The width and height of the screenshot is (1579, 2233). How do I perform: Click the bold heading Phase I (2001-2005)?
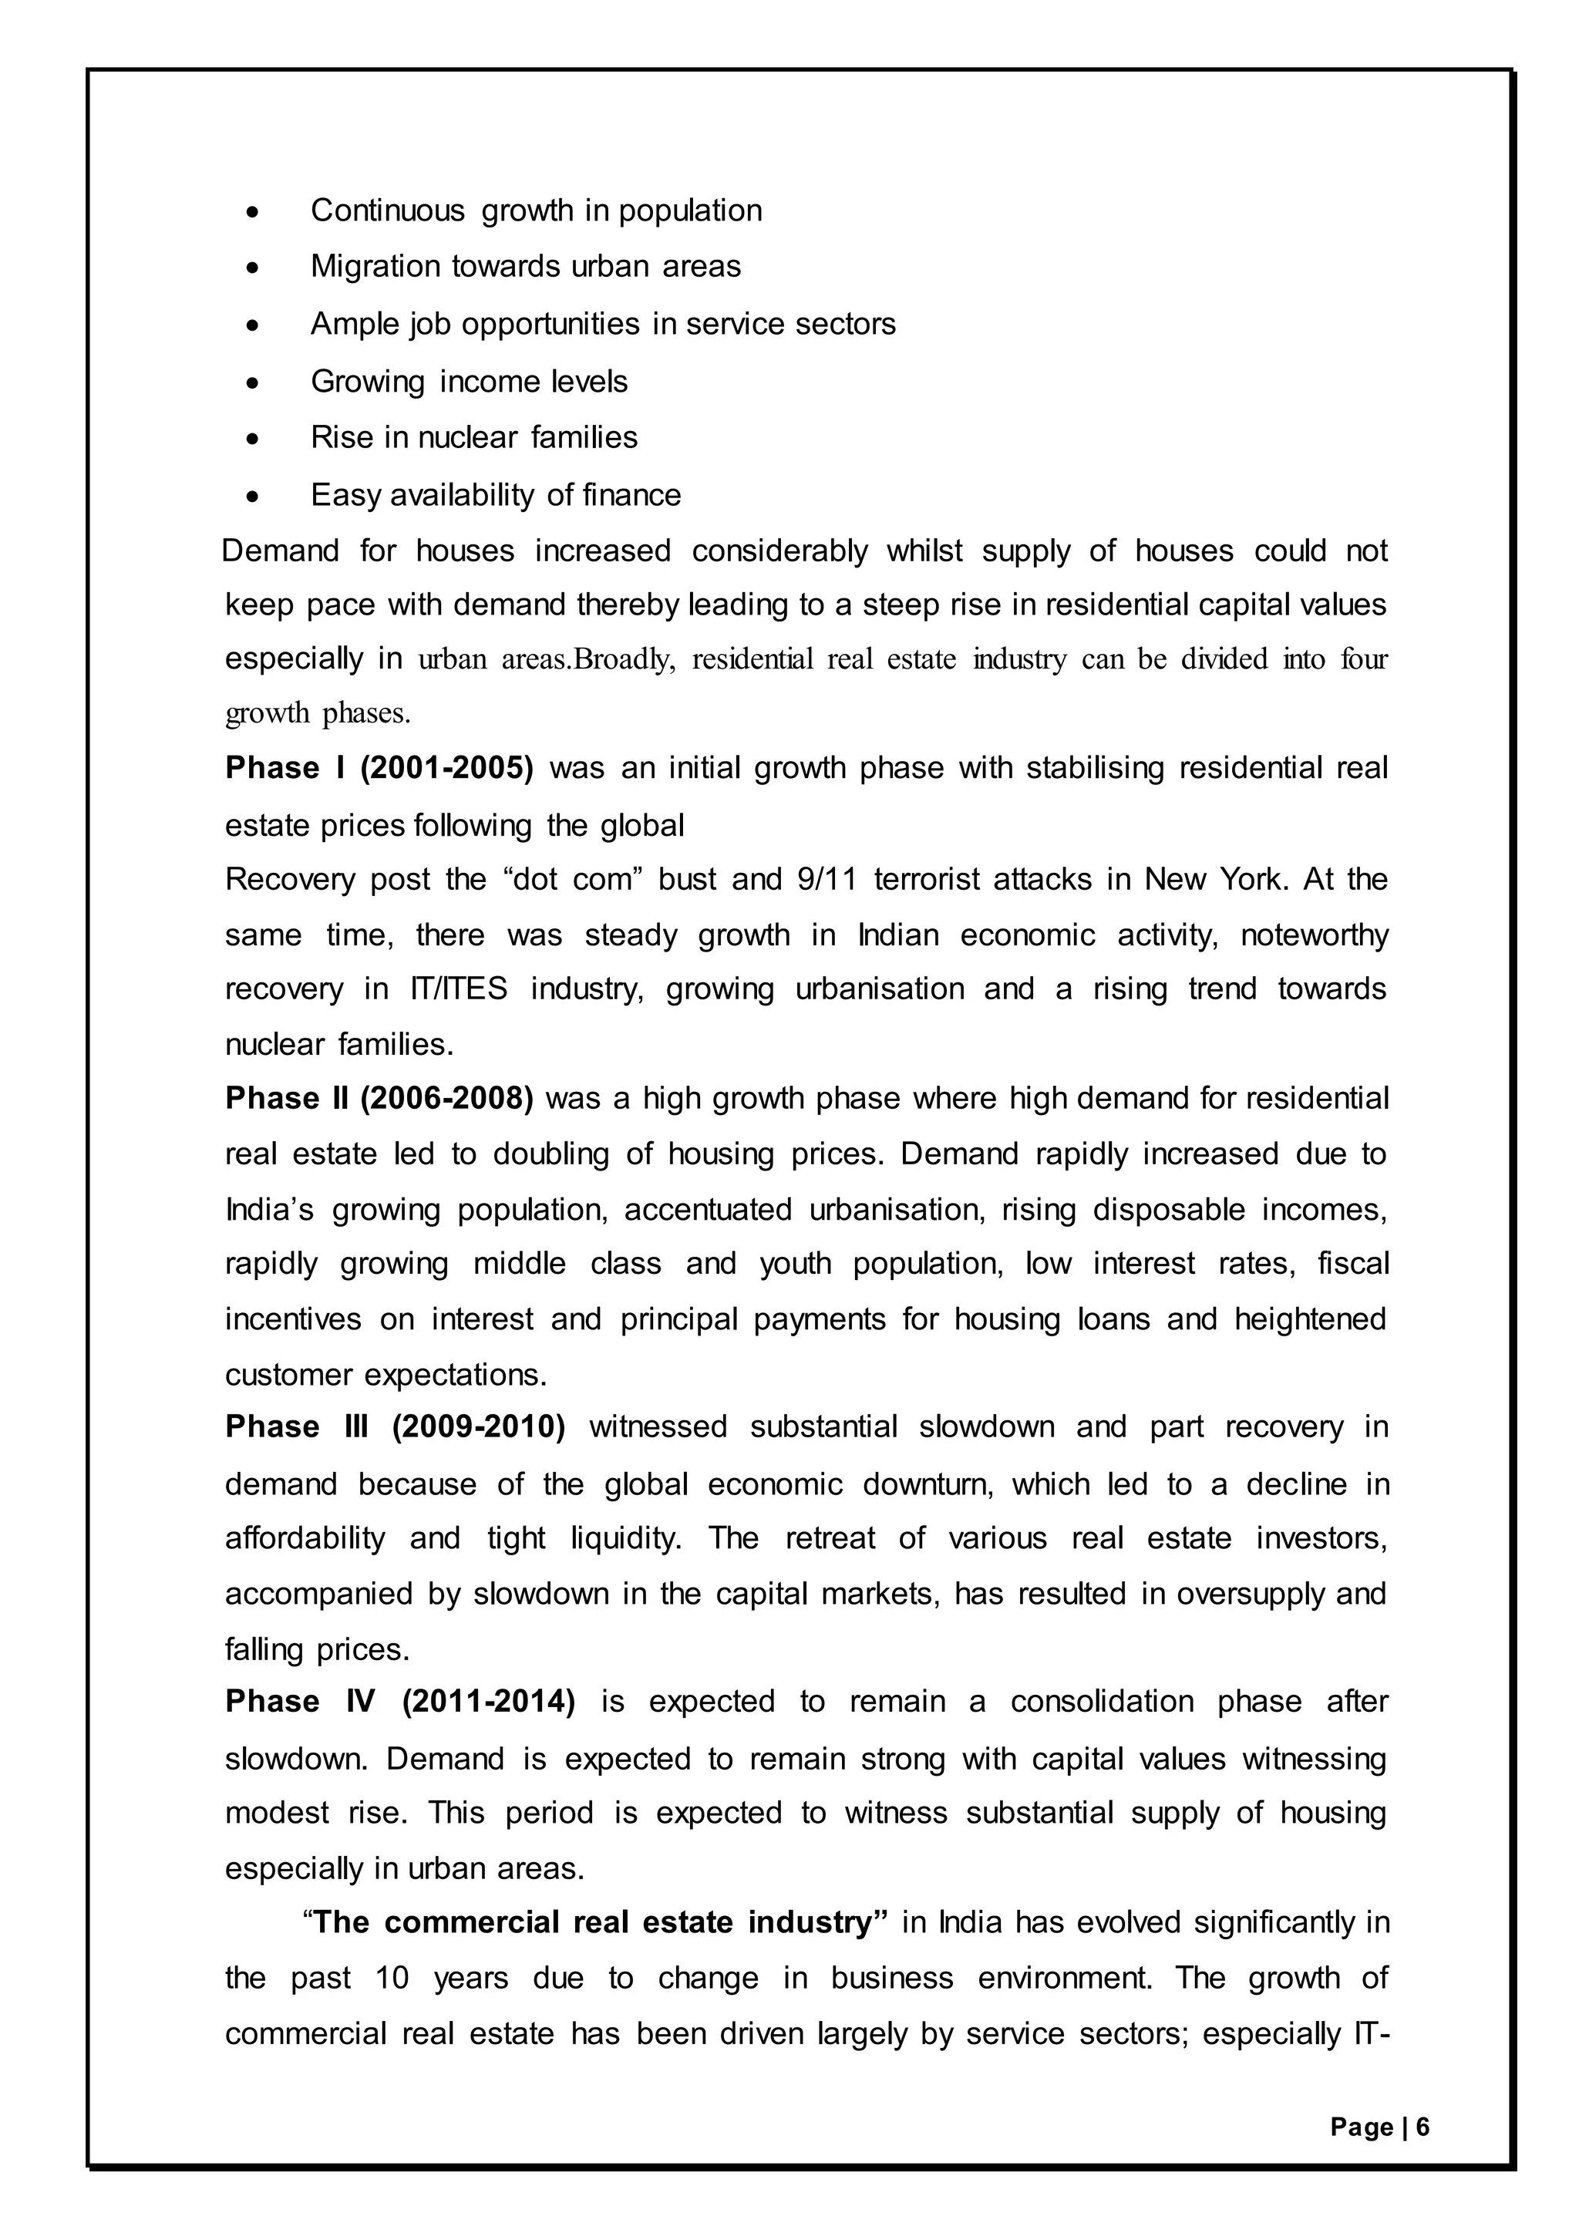(x=379, y=768)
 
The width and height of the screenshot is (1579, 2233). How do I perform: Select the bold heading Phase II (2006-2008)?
(x=379, y=1099)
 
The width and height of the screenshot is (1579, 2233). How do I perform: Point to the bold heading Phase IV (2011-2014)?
(x=399, y=1702)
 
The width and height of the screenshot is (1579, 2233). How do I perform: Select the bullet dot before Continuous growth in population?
(x=253, y=211)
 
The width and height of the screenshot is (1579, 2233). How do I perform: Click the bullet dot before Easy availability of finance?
(x=253, y=496)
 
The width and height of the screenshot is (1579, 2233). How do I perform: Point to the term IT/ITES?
(x=453, y=989)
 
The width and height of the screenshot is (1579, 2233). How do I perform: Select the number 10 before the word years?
(x=392, y=1979)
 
